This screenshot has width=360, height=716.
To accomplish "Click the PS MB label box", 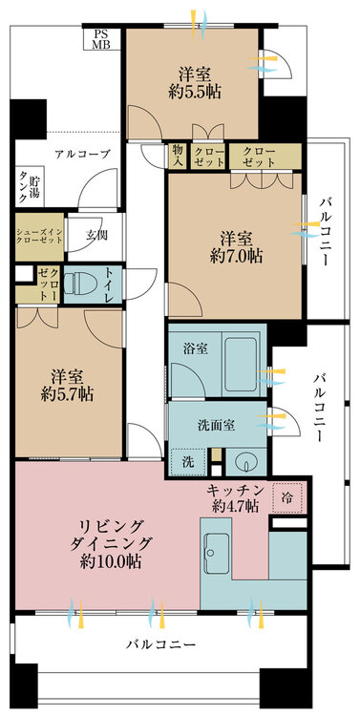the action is (x=102, y=38).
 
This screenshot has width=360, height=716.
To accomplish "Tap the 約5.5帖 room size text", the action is (x=194, y=93).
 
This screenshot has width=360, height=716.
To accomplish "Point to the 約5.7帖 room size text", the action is (x=67, y=394).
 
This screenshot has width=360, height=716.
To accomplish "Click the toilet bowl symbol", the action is (x=80, y=284).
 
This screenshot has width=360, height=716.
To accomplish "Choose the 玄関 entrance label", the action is (x=95, y=236).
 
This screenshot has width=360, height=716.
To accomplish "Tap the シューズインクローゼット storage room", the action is (x=39, y=237).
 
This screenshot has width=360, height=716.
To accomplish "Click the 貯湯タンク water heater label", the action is (x=29, y=187).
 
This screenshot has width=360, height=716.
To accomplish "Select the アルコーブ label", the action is (x=83, y=155).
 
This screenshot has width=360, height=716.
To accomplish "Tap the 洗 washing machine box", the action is (x=188, y=462).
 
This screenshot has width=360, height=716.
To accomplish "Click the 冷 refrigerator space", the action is (x=287, y=496).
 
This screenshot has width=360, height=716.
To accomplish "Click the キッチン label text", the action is (x=236, y=491).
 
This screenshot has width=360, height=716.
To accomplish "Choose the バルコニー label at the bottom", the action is (x=161, y=644).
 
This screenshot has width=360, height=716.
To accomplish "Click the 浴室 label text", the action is (x=196, y=349).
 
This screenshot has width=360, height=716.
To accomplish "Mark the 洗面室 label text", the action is (x=217, y=426).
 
